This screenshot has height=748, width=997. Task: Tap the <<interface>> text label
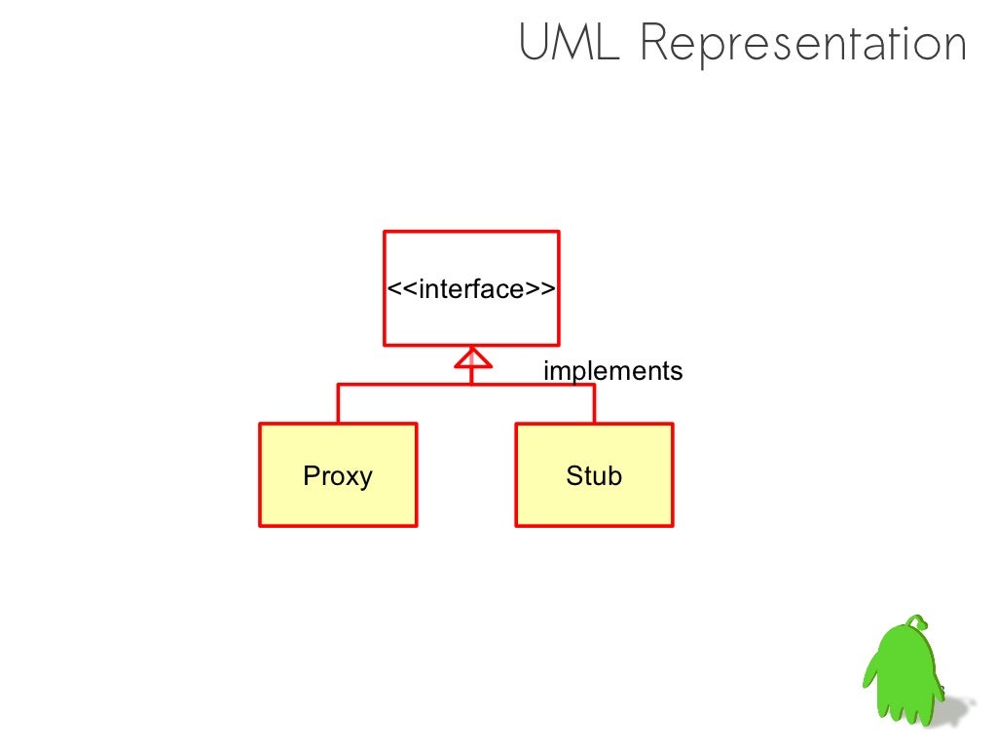click(471, 289)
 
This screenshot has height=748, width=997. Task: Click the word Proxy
click(338, 476)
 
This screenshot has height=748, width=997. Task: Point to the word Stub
click(593, 476)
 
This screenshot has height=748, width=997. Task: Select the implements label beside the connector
click(612, 371)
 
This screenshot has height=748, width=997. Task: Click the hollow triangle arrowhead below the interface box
click(471, 358)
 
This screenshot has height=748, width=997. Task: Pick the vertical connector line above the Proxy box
click(339, 403)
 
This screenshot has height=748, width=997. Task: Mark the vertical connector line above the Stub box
click(594, 403)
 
